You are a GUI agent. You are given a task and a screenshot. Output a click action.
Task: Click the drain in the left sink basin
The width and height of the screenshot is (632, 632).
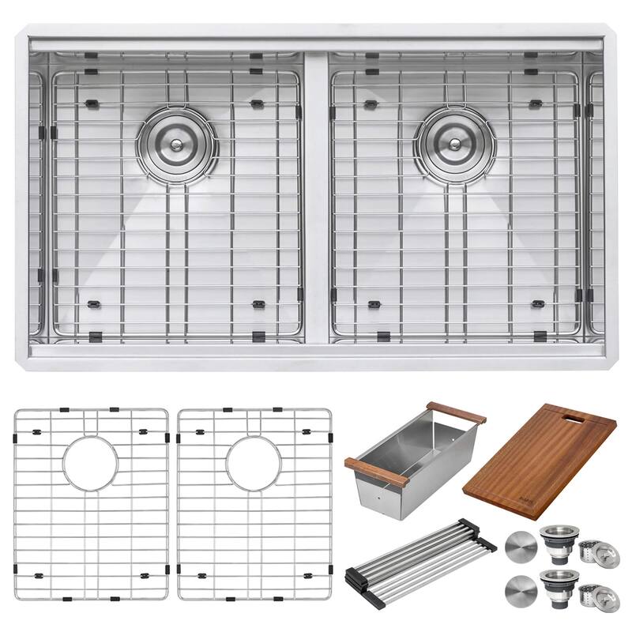point(175,144)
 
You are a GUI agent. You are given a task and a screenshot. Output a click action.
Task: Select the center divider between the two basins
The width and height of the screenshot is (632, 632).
point(316,197)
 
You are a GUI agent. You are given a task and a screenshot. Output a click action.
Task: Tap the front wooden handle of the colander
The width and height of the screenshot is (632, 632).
point(376,472)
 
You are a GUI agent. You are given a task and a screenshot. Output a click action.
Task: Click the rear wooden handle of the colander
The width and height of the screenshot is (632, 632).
point(456,412)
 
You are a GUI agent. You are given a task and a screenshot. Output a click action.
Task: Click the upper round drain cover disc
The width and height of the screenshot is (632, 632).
point(519,547)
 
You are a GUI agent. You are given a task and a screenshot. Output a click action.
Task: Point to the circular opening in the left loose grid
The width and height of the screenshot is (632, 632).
point(91,462)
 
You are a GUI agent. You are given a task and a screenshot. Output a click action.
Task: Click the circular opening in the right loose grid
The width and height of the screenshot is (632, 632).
point(254,462)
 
